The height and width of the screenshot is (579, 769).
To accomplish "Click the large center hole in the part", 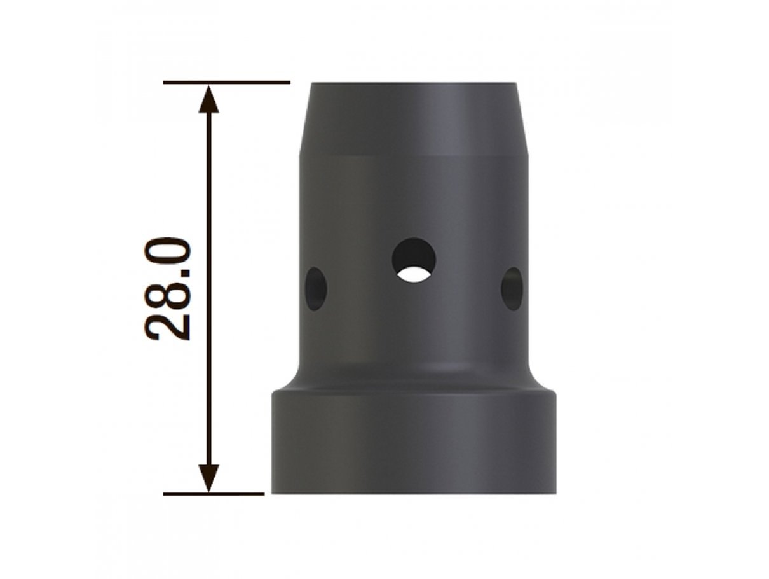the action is point(414,260).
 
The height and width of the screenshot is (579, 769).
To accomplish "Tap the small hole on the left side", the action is point(316,289).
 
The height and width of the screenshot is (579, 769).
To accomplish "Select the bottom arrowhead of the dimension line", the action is point(208,478).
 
